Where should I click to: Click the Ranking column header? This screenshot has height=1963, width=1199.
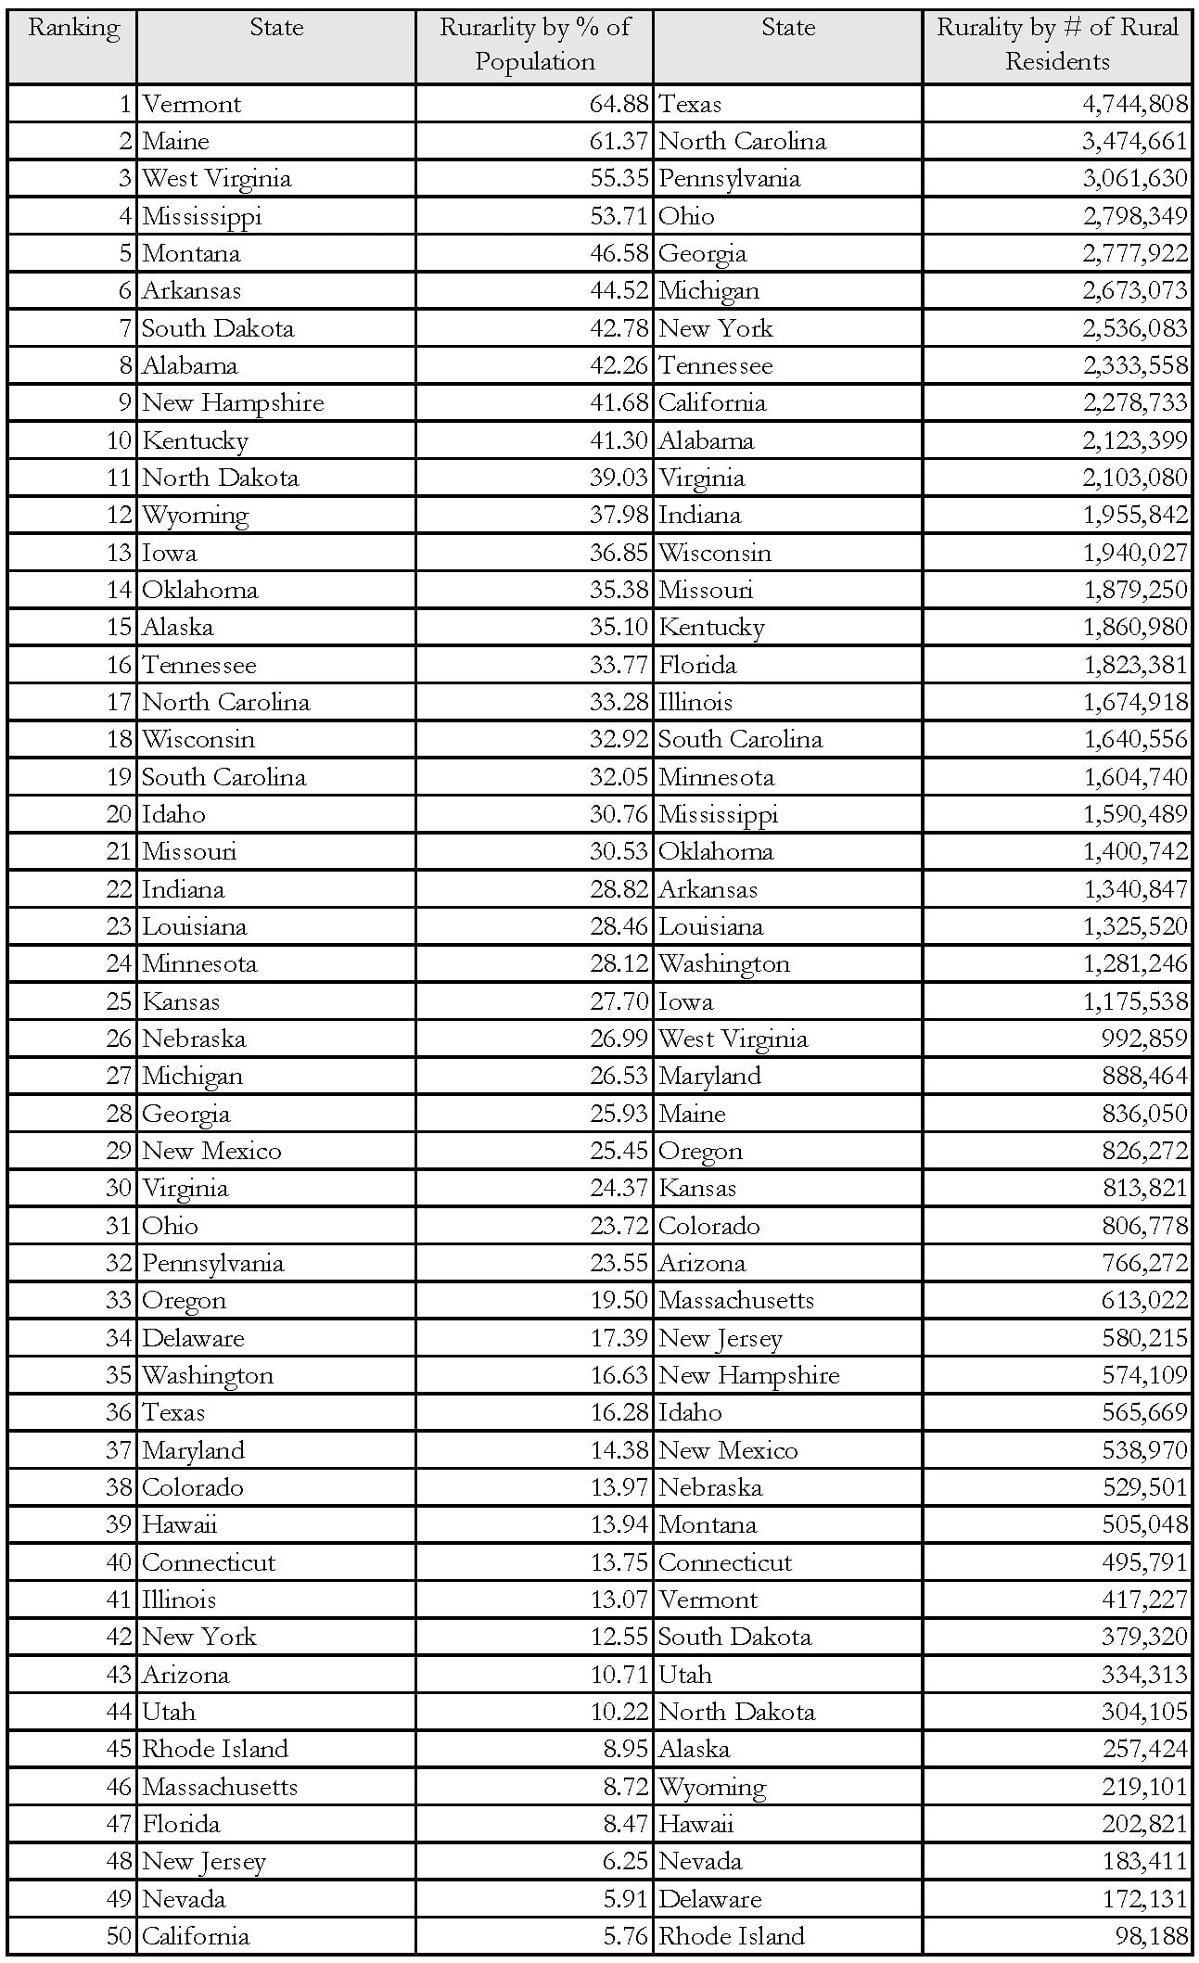tap(73, 28)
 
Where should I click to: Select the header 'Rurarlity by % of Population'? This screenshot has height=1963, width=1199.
tap(534, 45)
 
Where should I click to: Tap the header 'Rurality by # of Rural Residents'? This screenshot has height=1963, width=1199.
tap(1057, 45)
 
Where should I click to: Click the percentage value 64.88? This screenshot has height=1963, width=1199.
tap(619, 105)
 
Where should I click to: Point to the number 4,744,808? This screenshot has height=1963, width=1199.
tap(1135, 105)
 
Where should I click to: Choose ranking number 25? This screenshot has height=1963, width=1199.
tap(120, 1001)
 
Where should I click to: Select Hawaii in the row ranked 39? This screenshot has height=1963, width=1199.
tap(180, 1524)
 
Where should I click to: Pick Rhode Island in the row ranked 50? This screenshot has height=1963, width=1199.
tap(731, 1936)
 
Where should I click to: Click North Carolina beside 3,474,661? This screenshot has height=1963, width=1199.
tap(742, 142)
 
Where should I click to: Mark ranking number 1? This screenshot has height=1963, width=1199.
tap(126, 105)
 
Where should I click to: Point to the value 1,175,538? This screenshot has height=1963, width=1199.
tap(1135, 1001)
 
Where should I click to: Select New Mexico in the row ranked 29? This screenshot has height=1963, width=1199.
tap(211, 1151)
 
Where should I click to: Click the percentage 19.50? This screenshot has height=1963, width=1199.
tap(619, 1300)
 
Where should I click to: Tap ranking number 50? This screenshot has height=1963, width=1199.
tap(120, 1936)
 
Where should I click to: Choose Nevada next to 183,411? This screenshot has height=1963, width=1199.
tap(700, 1861)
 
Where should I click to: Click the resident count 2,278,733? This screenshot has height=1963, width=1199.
tap(1135, 403)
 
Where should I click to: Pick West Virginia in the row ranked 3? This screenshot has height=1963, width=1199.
tap(216, 179)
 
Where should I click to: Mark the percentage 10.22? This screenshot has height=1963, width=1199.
tap(619, 1712)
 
